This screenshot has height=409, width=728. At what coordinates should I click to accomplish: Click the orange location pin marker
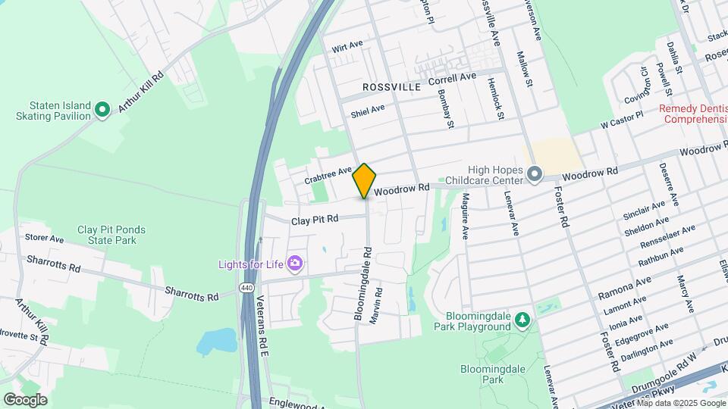tap(365, 180)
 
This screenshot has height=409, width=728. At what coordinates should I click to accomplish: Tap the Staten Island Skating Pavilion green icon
tap(102, 111)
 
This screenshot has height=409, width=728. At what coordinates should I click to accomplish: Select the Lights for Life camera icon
tap(295, 264)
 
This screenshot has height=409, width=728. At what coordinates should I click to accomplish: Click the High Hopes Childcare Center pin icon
tap(535, 175)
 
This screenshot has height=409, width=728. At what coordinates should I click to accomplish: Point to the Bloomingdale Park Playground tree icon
tap(522, 321)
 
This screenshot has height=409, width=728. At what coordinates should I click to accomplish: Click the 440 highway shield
tap(246, 288)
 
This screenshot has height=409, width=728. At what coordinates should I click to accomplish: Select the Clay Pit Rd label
tap(315, 220)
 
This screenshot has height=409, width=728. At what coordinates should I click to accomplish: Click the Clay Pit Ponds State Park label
tap(111, 235)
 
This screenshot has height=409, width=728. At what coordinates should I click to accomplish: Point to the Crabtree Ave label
tap(328, 176)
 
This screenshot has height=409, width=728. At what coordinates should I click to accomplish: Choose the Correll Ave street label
tap(452, 78)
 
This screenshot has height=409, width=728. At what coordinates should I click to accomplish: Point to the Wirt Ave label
tap(347, 45)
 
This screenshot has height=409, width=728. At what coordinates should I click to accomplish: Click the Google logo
tap(24, 399)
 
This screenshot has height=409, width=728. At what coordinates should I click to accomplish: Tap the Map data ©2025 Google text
tap(680, 403)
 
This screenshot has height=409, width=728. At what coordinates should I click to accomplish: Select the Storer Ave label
tap(44, 239)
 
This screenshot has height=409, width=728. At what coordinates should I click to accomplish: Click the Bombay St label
tap(444, 108)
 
